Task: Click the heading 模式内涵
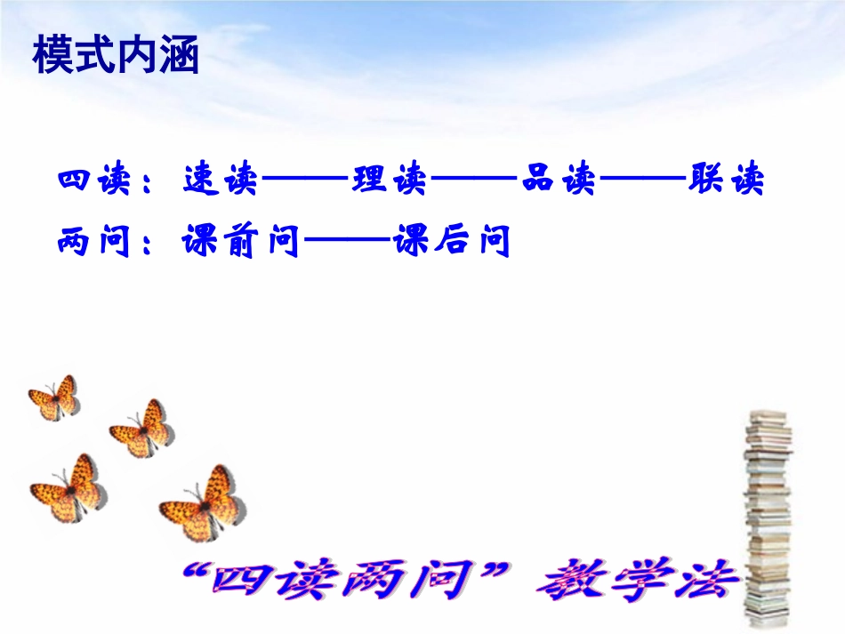tap(116, 56)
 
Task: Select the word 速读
tap(220, 181)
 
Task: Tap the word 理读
tap(390, 181)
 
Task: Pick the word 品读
tap(559, 181)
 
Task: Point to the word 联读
tap(726, 181)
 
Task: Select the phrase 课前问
tap(240, 241)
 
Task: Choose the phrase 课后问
tap(452, 241)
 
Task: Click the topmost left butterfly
tap(54, 397)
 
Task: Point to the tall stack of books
tap(767, 516)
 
